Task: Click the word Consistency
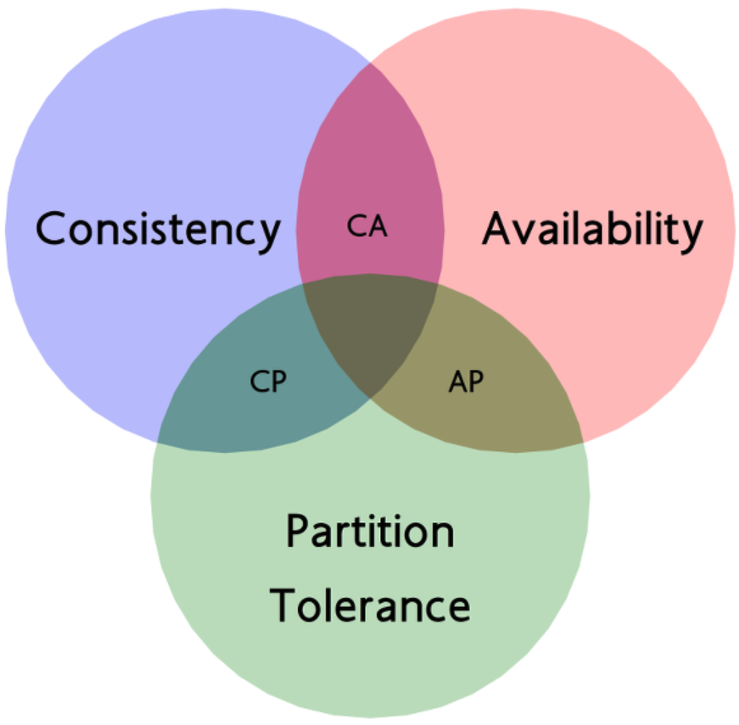[158, 229]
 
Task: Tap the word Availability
[592, 229]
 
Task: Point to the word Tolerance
[370, 605]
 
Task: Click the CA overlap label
[368, 226]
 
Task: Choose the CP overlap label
[268, 382]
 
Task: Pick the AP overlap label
[465, 382]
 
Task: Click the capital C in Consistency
[52, 229]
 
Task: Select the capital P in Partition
[297, 533]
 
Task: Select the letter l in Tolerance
[333, 604]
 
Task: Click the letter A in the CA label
[378, 226]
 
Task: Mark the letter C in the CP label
[258, 382]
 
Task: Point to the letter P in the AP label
[476, 382]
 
